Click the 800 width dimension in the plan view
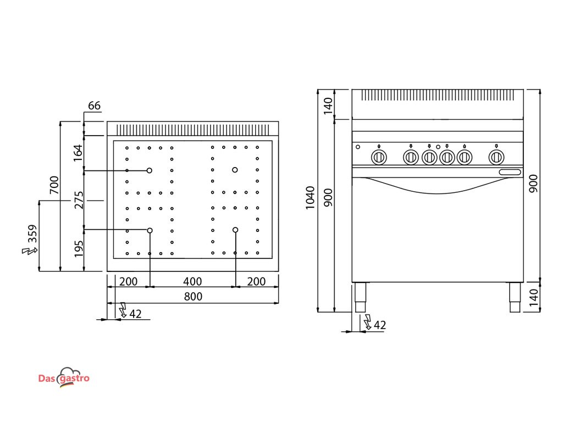192,297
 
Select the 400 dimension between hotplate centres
192,282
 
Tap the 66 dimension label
95,106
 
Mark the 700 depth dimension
54,186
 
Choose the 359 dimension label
33,234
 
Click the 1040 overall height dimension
311,198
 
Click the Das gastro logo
64,377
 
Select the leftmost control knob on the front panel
379,157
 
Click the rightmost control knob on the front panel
496,157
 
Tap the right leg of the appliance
515,298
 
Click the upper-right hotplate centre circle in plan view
235,170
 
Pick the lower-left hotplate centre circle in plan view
150,230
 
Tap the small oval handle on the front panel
511,173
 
